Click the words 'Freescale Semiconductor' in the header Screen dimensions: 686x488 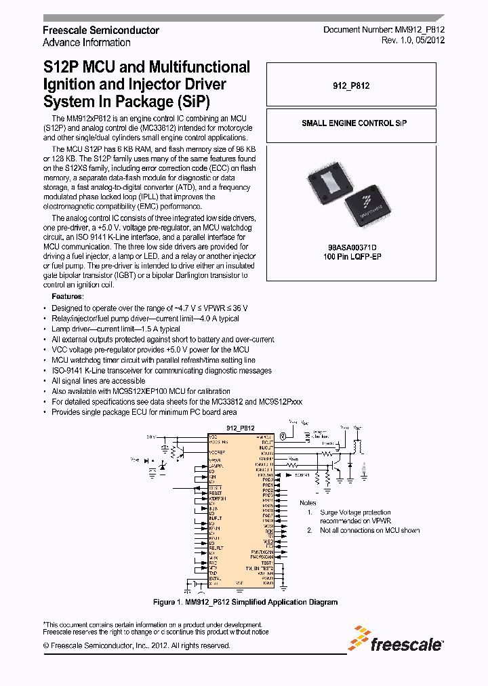click(x=101, y=31)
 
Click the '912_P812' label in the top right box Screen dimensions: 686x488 click(x=351, y=86)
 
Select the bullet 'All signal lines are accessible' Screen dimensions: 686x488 click(x=98, y=381)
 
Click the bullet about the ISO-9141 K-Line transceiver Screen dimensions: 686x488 click(x=161, y=371)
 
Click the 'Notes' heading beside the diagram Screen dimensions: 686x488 click(x=308, y=502)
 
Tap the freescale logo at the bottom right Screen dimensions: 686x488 click(x=397, y=641)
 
